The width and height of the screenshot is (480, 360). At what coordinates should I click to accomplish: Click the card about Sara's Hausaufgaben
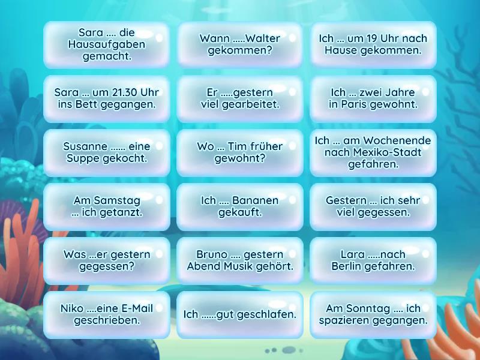point(106,44)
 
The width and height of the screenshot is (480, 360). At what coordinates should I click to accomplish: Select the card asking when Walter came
point(240,44)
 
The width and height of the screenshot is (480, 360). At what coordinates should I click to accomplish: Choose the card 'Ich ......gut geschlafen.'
point(240,314)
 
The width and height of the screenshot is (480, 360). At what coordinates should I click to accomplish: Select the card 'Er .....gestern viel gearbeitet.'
point(240,98)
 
